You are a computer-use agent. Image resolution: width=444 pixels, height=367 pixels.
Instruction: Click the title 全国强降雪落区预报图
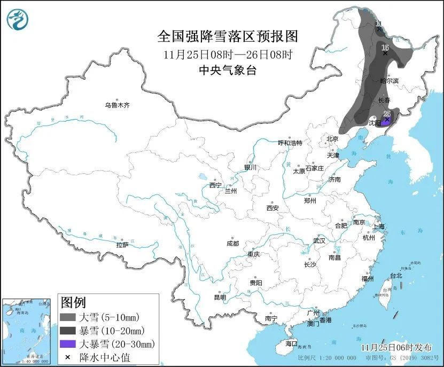pos(228,36)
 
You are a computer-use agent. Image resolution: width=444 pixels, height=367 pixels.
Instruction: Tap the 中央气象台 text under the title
pos(228,70)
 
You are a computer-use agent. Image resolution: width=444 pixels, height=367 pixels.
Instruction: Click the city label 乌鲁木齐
pos(117,106)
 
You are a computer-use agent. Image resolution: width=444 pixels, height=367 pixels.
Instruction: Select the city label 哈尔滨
pos(389,81)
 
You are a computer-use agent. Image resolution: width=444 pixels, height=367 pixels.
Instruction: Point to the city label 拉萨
pos(122,245)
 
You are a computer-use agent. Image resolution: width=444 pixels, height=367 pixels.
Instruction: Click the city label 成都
pos(233,244)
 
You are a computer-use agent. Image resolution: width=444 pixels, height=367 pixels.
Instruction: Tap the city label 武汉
pos(319,241)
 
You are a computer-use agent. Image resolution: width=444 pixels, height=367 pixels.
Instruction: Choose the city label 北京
pos(332,139)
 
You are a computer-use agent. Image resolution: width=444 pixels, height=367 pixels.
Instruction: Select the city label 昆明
pos(220,298)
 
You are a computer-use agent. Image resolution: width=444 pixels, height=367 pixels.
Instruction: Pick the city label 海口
pos(291,343)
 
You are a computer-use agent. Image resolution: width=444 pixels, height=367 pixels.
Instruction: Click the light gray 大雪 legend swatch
pos(68,317)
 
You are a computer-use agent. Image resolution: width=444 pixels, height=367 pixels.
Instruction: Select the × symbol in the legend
pos(68,357)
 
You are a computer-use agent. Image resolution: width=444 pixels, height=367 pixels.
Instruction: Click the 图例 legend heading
pos(73,303)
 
